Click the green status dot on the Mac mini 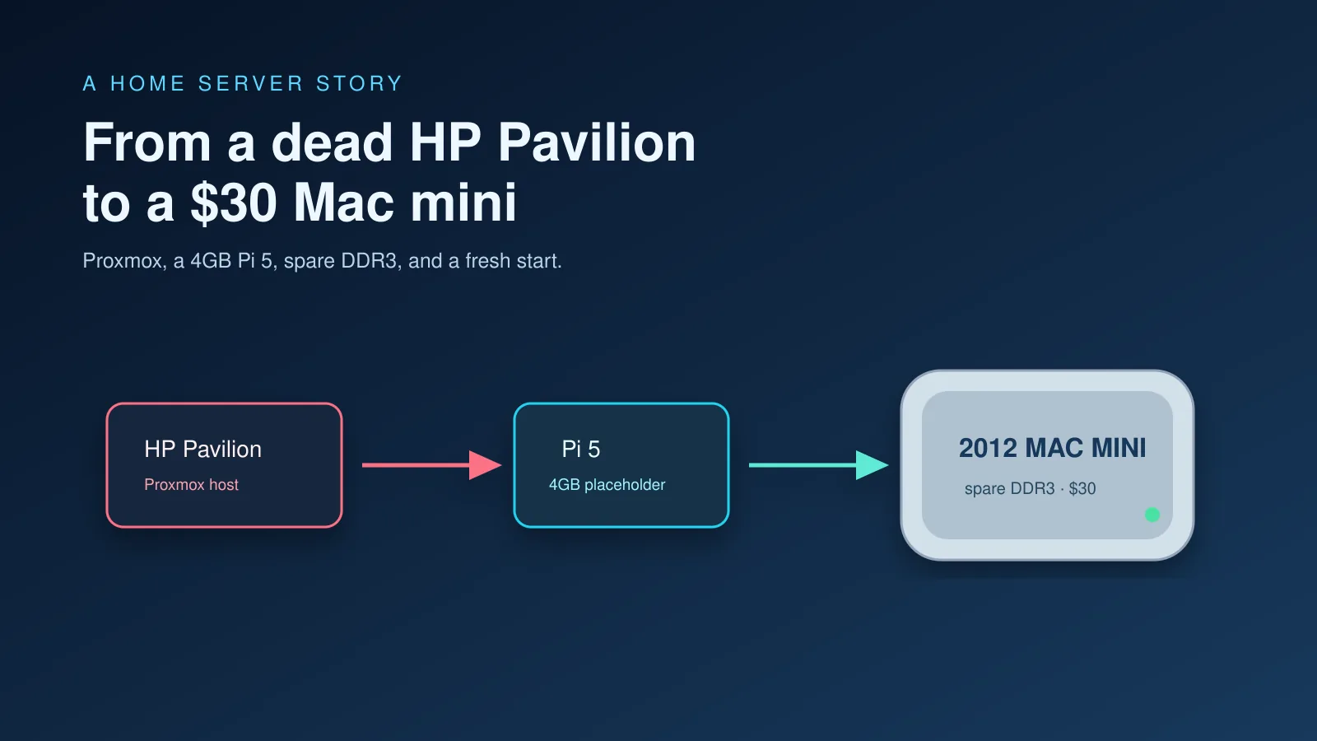click(x=1152, y=515)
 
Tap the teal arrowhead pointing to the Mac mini click(x=872, y=465)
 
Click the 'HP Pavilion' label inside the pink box click(x=202, y=450)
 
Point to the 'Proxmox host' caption click(x=191, y=485)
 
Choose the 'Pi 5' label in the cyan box click(x=581, y=450)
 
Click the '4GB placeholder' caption click(x=607, y=485)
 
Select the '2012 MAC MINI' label click(x=1053, y=448)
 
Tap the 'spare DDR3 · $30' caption click(x=1030, y=489)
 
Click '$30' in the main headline click(x=234, y=203)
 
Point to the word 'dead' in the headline click(x=332, y=142)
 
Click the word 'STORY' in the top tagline click(x=359, y=83)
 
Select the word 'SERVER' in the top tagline click(x=250, y=83)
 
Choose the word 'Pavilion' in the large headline click(x=597, y=142)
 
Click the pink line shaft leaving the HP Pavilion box click(x=417, y=465)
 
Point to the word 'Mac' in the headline click(x=343, y=203)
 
